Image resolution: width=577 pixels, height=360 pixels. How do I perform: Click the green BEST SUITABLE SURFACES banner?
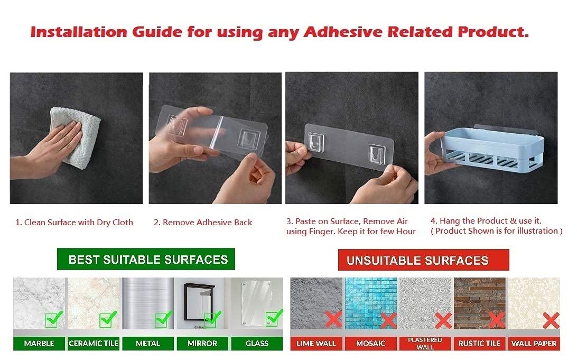point(146,260)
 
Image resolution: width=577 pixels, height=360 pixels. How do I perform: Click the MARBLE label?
point(39,344)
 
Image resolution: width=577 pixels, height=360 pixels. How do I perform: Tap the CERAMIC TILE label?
point(94,344)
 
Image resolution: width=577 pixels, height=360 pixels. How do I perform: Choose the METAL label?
point(148,344)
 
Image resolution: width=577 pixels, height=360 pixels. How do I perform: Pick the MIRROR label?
point(202,344)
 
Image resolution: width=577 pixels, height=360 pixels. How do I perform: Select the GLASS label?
point(257,344)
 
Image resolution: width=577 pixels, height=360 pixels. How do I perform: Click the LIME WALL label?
point(316,344)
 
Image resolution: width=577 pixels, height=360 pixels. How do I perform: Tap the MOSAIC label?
point(370,344)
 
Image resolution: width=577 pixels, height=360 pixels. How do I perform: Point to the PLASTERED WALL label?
point(425,343)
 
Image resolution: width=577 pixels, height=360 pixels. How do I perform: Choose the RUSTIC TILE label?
point(479,344)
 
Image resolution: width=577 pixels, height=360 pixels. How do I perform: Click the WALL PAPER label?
point(534,344)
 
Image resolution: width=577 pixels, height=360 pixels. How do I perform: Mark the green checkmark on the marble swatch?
point(53,319)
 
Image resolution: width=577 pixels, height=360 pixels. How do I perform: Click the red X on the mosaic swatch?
point(388,320)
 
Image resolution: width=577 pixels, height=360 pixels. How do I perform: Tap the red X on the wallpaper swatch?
point(551,320)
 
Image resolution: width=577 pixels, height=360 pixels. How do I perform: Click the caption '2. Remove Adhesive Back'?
point(203,223)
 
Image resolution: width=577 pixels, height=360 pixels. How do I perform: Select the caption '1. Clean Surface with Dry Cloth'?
point(74,223)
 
